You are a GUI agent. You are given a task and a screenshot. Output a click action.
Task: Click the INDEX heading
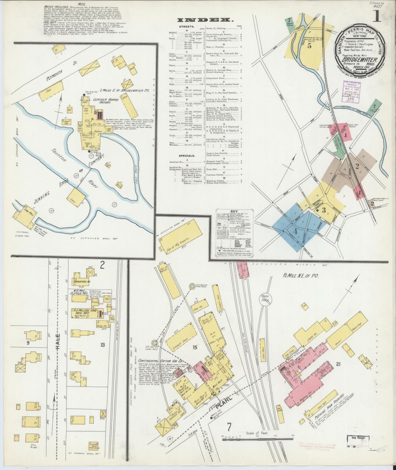coord(205,20)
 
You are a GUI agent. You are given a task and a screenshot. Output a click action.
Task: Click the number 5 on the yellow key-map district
coord(309,46)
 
